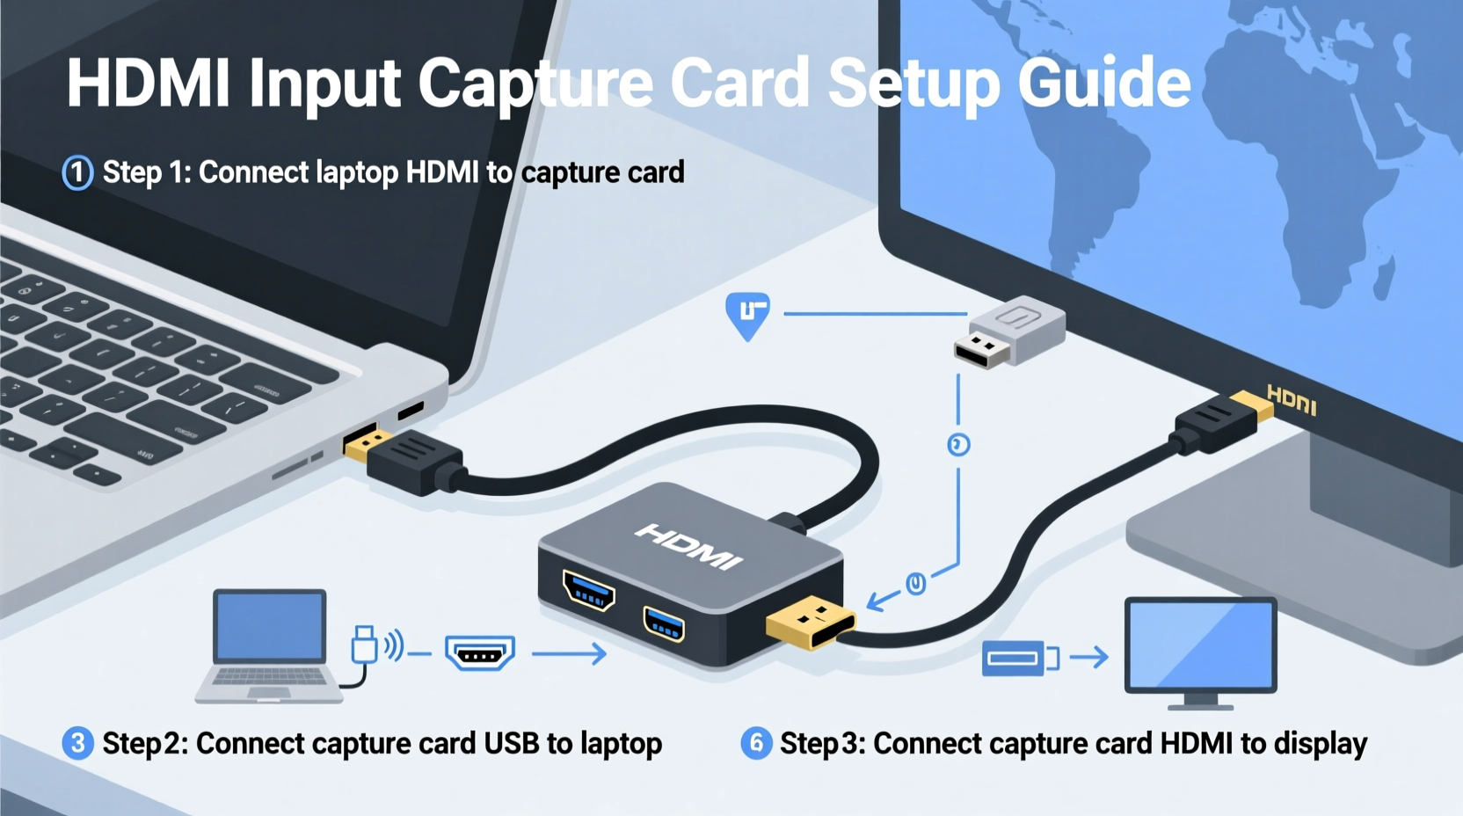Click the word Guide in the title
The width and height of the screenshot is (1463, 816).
click(1103, 84)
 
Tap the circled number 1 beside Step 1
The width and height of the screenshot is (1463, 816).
click(77, 172)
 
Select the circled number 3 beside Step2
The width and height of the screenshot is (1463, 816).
click(77, 743)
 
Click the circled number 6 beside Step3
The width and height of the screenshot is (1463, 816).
click(756, 743)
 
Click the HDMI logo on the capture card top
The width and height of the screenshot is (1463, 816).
click(688, 546)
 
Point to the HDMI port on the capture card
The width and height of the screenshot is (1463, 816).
click(589, 591)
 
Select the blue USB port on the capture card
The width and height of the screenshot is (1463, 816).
click(664, 624)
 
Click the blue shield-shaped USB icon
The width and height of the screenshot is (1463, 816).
click(748, 315)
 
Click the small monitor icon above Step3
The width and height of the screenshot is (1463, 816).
click(1200, 651)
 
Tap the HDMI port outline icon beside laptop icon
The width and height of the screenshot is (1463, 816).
click(479, 653)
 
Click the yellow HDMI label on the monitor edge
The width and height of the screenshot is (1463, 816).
click(1292, 400)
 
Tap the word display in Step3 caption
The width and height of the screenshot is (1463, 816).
click(1321, 744)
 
